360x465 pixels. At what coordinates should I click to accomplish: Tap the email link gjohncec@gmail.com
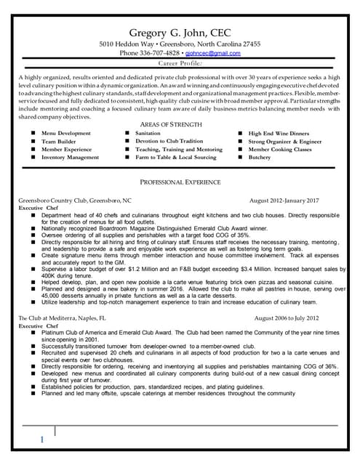click(212, 53)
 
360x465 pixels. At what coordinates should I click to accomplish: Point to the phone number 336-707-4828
click(162, 53)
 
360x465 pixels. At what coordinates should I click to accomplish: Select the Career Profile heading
click(180, 64)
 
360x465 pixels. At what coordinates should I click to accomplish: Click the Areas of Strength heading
click(180, 125)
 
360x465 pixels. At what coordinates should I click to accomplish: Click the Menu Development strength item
click(66, 134)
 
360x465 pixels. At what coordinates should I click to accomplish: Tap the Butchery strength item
click(260, 158)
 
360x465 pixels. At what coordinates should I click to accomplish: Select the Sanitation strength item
click(148, 134)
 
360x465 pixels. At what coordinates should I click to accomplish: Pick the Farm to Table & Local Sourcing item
click(175, 158)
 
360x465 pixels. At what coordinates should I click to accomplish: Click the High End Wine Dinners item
click(279, 134)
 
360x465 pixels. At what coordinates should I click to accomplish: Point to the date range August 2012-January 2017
click(284, 200)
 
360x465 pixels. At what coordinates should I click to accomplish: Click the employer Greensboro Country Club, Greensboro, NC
click(75, 200)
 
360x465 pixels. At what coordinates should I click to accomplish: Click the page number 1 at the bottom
click(42, 440)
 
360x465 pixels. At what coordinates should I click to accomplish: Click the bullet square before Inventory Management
click(33, 158)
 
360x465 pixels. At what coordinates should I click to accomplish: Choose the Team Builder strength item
click(58, 142)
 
